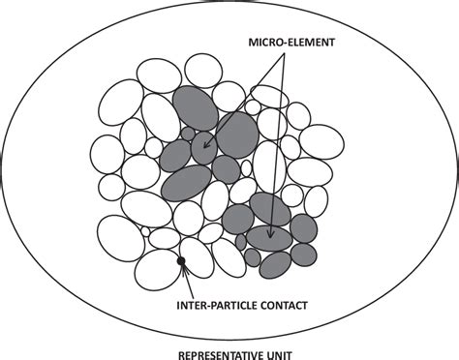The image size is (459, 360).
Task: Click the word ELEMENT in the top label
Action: coord(296,45)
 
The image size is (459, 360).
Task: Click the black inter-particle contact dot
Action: coord(180,261)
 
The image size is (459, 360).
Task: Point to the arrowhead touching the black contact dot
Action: coord(182,268)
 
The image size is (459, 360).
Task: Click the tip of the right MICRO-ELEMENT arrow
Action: coord(272,236)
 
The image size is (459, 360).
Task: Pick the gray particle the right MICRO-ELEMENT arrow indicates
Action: coord(268,238)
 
